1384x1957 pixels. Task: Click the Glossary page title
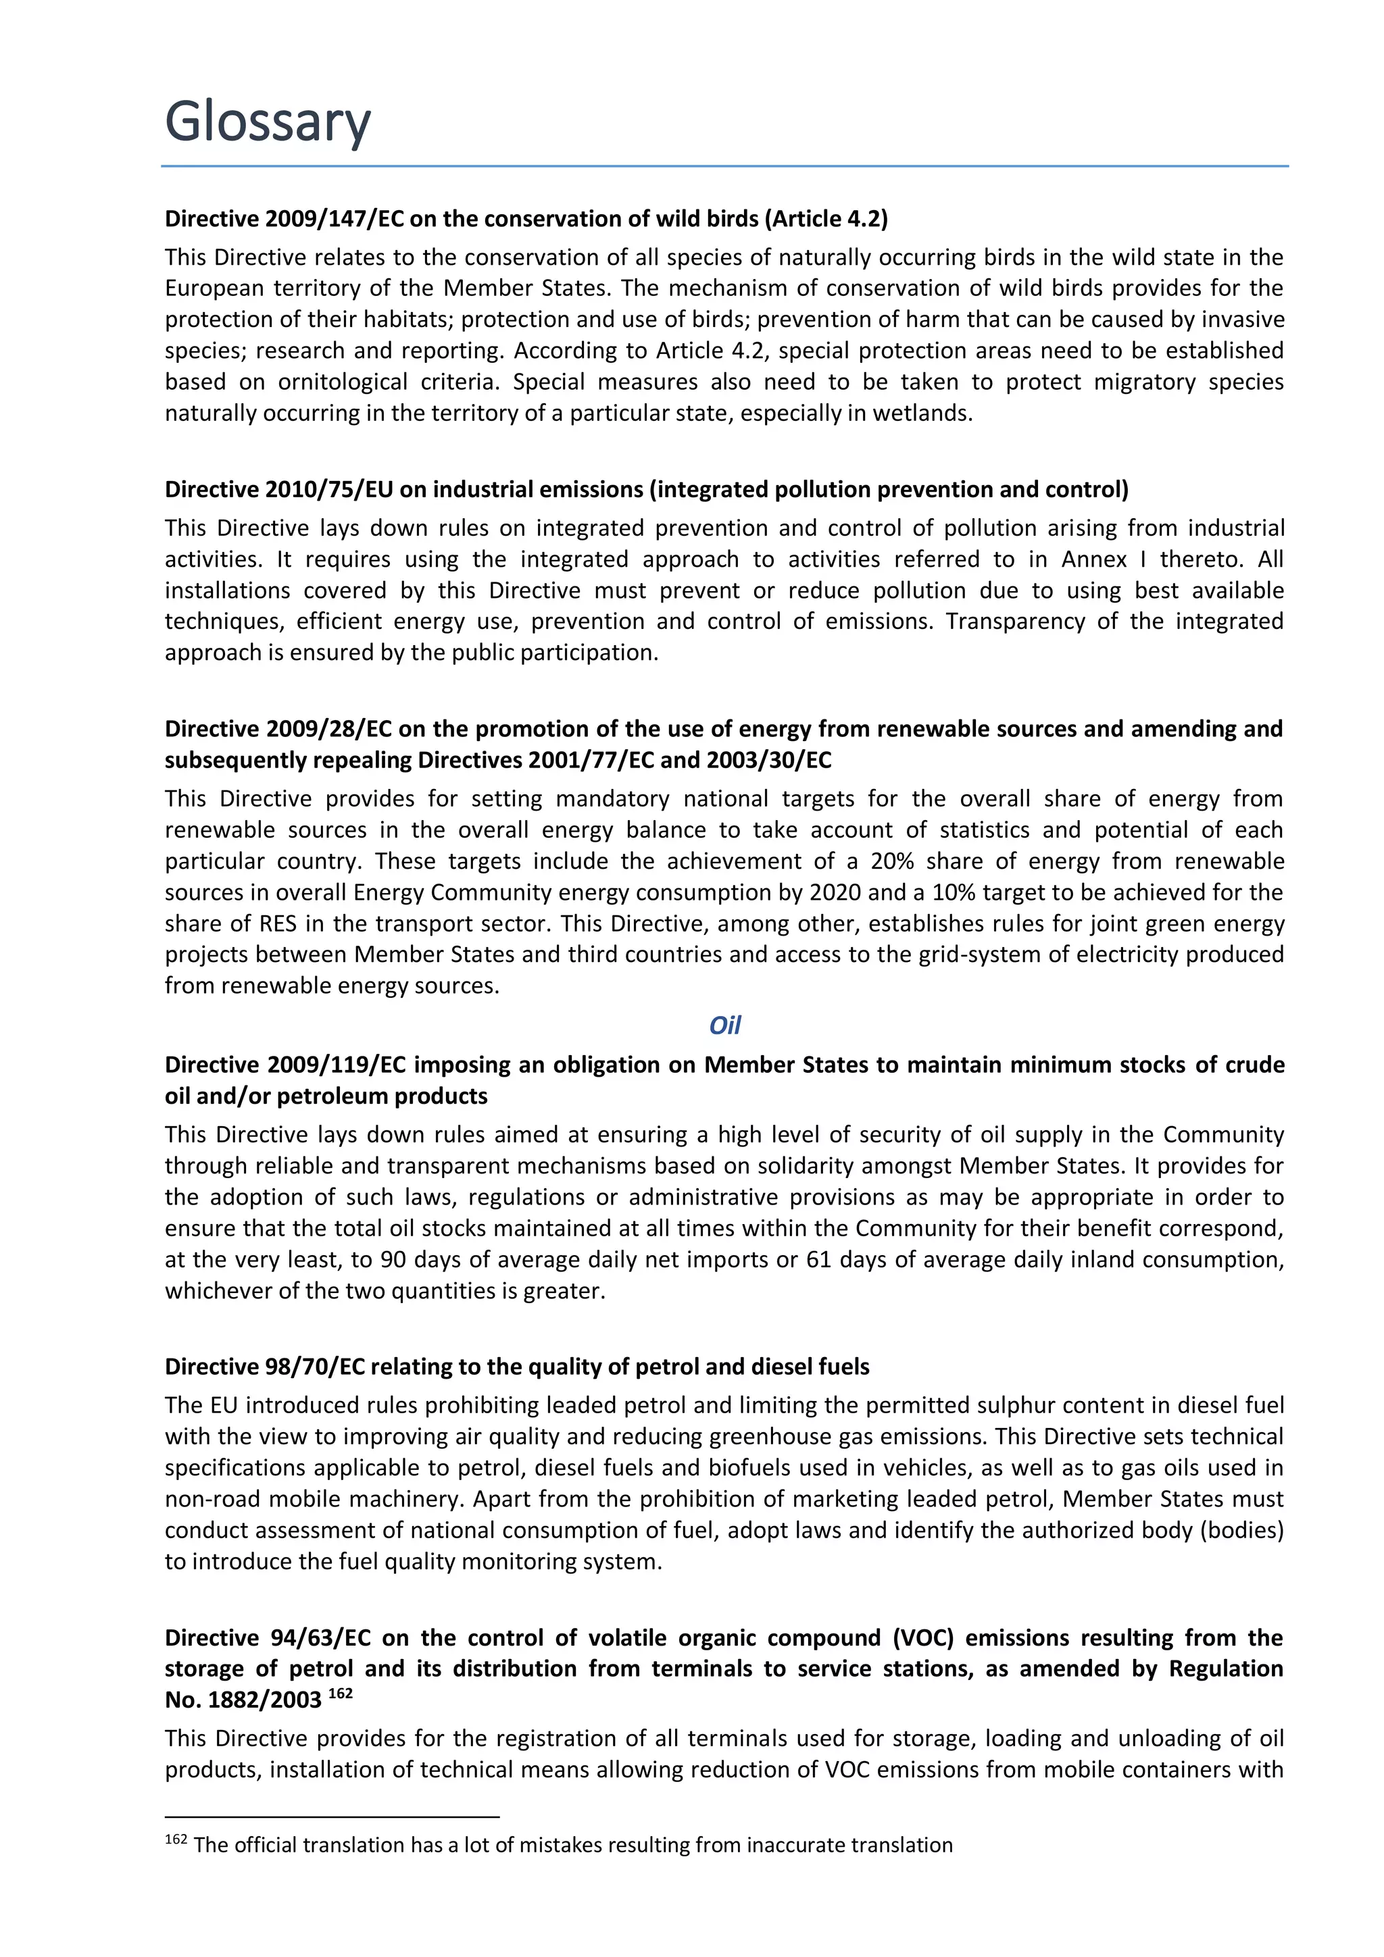(267, 122)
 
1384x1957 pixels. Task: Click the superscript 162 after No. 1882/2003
(340, 1694)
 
